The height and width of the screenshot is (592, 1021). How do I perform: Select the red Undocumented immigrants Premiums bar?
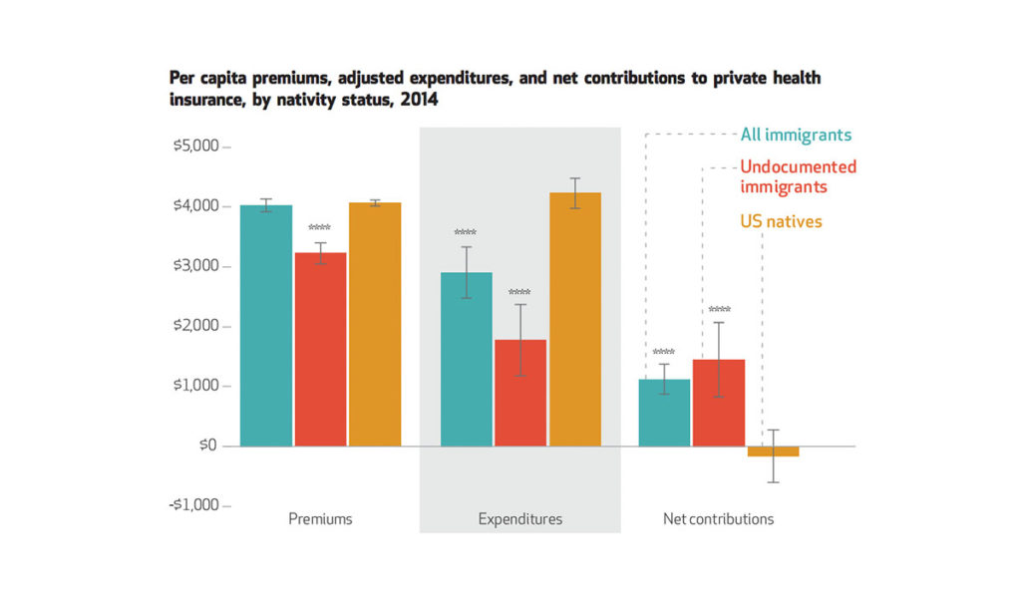[320, 349]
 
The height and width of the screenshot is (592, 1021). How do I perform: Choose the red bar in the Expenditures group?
[520, 393]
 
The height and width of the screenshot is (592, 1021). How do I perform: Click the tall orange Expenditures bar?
[574, 319]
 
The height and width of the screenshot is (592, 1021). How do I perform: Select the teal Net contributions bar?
[664, 413]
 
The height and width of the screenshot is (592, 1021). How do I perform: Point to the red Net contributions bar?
[719, 403]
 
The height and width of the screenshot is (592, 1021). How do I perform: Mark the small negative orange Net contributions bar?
[774, 451]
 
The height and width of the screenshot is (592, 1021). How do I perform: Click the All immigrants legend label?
[796, 135]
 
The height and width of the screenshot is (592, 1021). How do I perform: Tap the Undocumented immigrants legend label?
[798, 176]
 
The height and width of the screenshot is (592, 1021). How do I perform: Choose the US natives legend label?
[781, 221]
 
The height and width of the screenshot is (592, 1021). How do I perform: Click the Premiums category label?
[320, 519]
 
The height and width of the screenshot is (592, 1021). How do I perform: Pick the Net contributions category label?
[718, 519]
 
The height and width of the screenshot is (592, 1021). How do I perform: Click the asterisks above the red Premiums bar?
[319, 227]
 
